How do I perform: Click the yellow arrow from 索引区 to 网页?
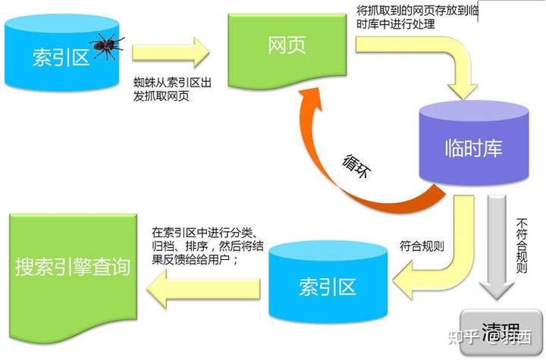170,52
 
